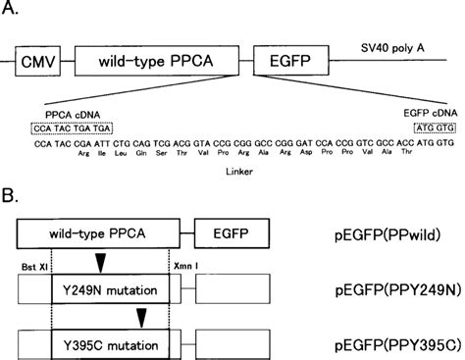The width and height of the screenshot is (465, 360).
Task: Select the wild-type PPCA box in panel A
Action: (158, 64)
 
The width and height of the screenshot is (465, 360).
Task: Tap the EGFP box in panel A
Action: (284, 64)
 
